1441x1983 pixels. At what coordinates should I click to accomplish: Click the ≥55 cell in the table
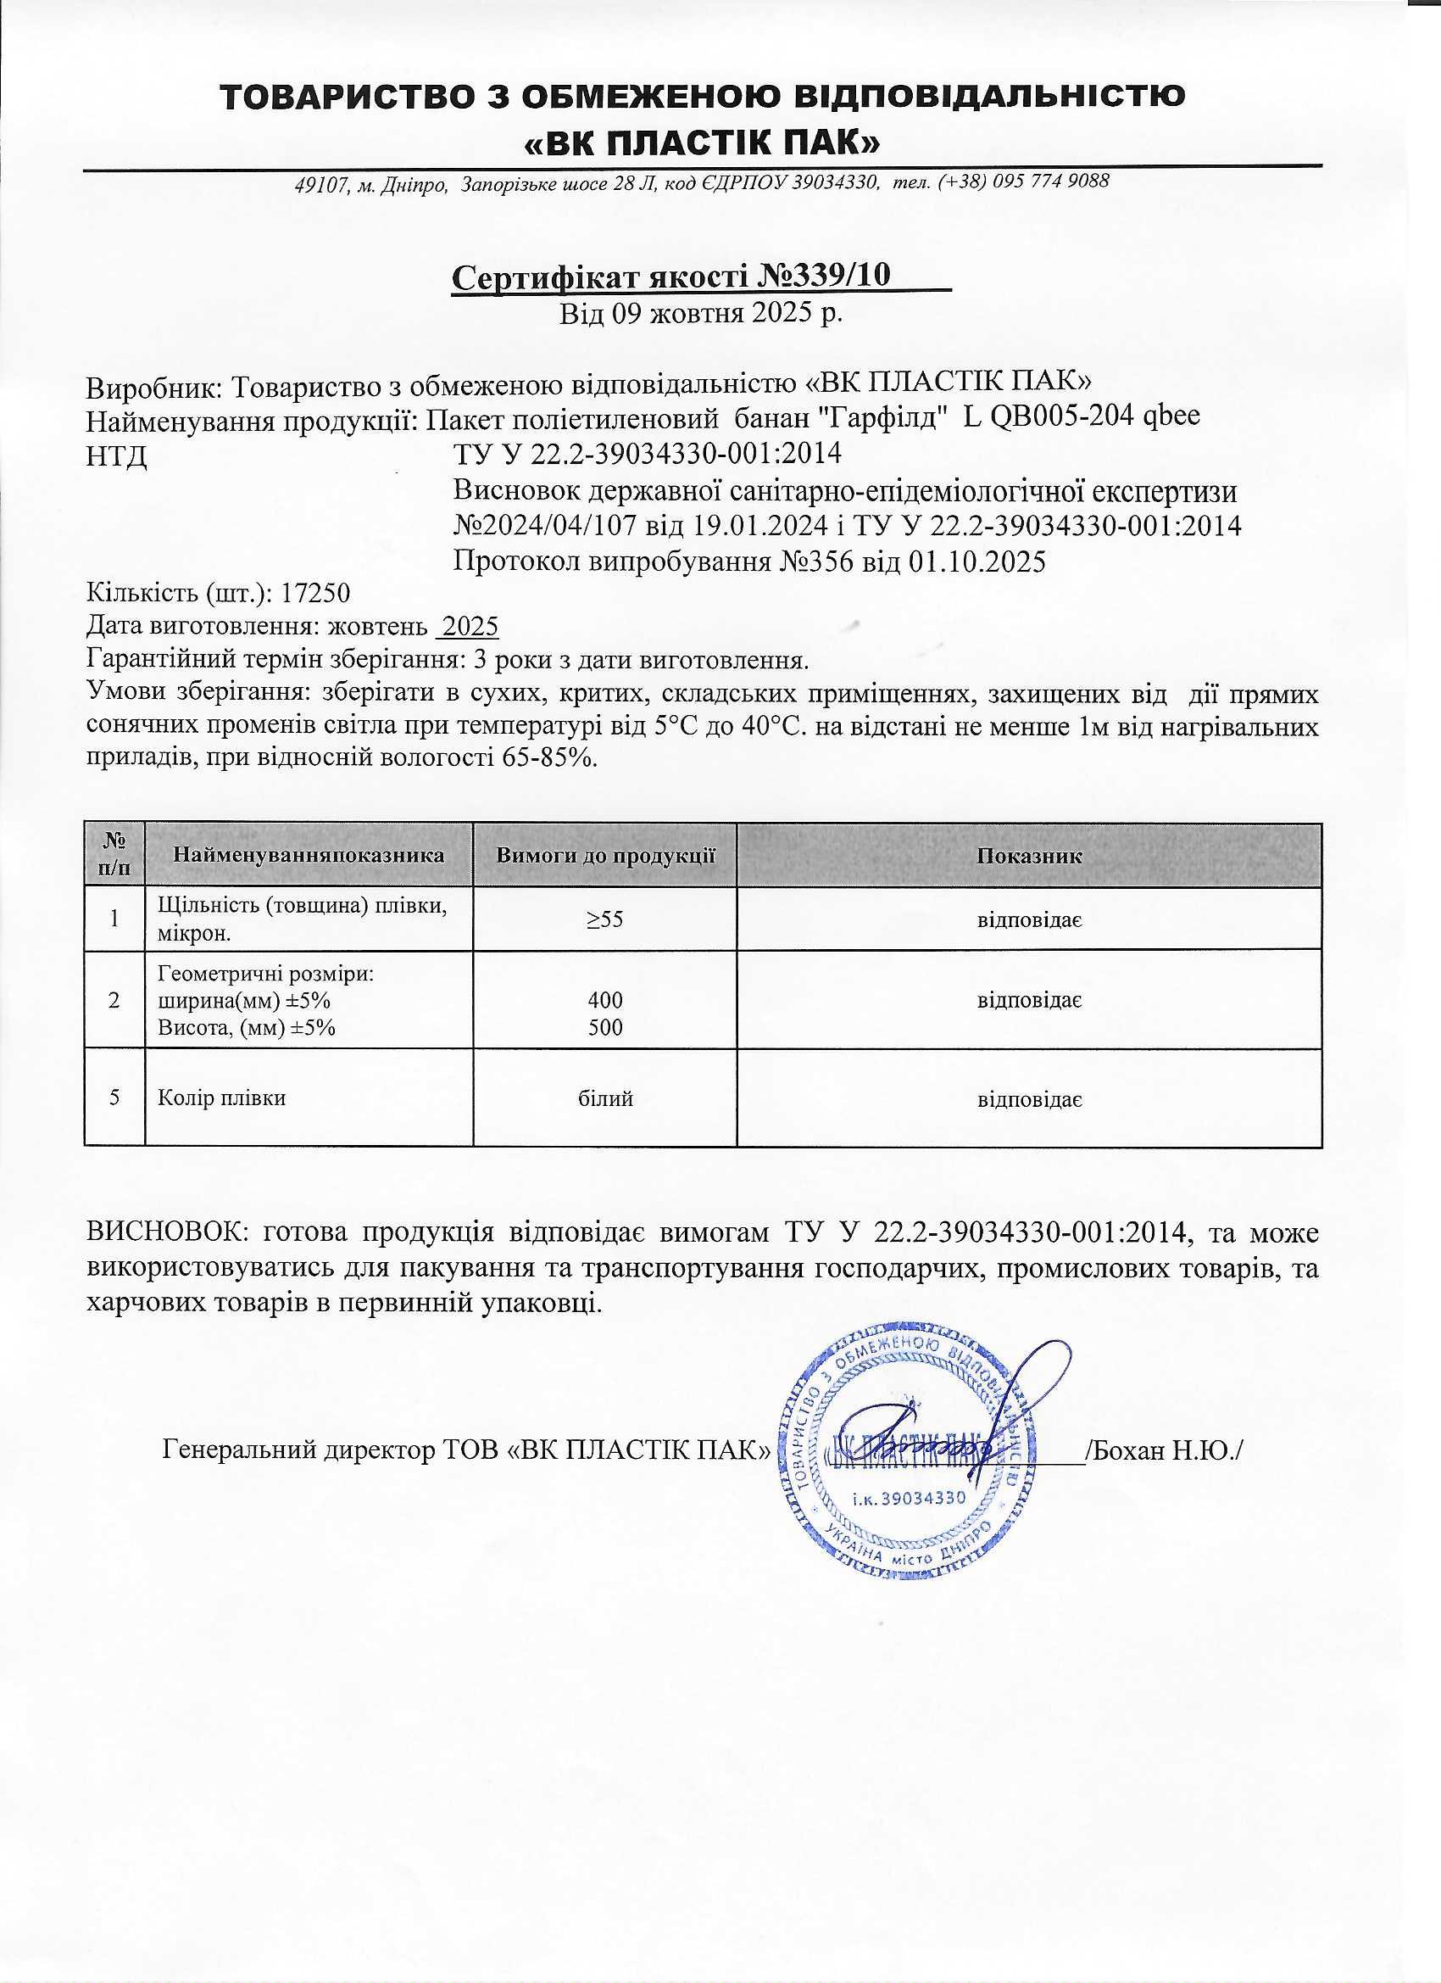(604, 919)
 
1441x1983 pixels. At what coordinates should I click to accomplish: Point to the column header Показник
(1028, 856)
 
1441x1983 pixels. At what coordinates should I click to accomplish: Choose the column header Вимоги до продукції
(604, 856)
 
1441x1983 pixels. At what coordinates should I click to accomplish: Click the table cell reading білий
(604, 1098)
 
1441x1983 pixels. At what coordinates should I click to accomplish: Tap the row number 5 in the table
(114, 1098)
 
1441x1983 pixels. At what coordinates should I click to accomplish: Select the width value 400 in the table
(604, 999)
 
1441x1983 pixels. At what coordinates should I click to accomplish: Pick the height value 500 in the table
(604, 1027)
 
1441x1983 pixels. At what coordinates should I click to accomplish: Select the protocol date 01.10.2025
(976, 561)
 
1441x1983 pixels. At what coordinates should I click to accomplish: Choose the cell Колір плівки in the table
(222, 1098)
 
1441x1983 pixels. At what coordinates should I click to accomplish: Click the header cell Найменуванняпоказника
(309, 856)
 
